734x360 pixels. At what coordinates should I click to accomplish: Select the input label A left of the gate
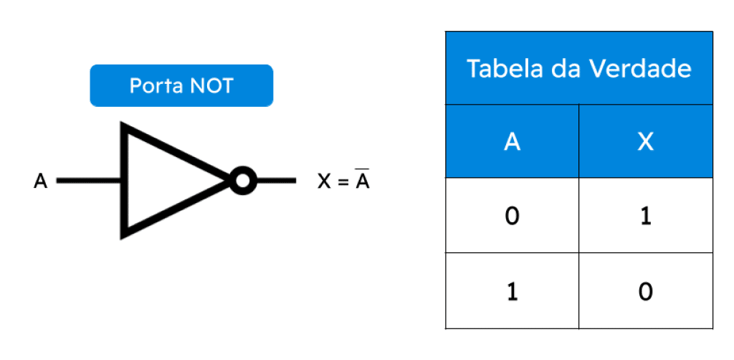(41, 181)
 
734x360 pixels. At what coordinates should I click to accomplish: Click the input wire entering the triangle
(89, 181)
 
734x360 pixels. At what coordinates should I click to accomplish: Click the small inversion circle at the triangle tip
(243, 181)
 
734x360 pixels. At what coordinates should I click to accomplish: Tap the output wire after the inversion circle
(276, 181)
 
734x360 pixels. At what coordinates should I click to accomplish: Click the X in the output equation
(325, 181)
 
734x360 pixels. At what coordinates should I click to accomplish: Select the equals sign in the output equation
(343, 181)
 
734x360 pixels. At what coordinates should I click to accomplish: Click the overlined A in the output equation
(362, 179)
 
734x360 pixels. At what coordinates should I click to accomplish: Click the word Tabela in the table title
(497, 69)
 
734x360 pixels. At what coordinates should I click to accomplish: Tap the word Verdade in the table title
(640, 69)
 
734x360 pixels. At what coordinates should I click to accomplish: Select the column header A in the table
(512, 141)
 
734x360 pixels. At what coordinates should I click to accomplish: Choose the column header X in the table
(646, 141)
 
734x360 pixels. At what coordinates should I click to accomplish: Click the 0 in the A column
(512, 217)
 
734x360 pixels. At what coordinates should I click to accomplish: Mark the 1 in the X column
(646, 217)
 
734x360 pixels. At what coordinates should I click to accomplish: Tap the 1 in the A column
(513, 292)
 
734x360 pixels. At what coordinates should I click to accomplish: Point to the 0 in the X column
(646, 292)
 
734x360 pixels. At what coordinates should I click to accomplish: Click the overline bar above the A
(362, 169)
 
